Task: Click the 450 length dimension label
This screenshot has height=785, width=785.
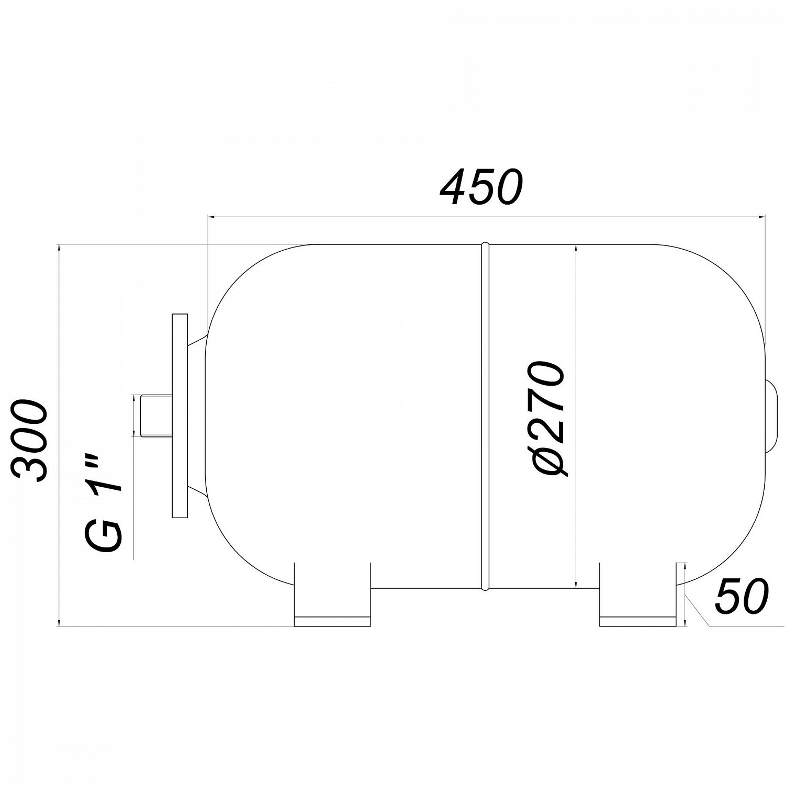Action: click(x=481, y=187)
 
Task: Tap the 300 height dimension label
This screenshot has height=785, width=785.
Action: click(x=30, y=441)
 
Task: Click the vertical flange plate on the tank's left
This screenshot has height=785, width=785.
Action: click(x=180, y=416)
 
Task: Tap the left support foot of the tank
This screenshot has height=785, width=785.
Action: click(x=332, y=595)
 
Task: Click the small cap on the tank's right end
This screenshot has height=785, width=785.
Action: click(x=771, y=416)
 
